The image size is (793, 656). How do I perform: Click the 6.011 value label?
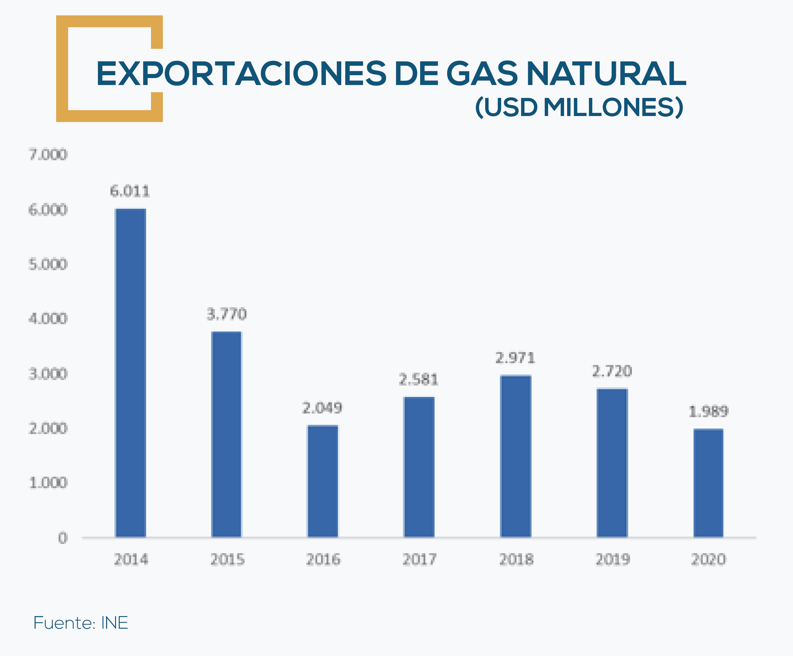[130, 192]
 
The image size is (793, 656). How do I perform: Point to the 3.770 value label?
[226, 314]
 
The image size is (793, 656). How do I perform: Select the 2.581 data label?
[418, 379]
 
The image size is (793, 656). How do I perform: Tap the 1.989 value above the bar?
[708, 411]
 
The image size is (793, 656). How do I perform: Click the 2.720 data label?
[612, 371]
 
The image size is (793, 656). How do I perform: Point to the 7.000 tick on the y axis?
[48, 155]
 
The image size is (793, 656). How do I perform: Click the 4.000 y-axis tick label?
[48, 319]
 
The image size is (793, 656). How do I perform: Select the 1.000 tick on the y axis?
[48, 483]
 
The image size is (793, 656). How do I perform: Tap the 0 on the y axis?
[63, 538]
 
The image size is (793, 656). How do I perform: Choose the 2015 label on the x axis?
[227, 559]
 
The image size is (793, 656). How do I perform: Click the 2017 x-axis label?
[419, 559]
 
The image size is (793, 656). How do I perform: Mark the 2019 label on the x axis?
[613, 559]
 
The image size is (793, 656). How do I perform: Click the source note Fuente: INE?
[81, 623]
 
